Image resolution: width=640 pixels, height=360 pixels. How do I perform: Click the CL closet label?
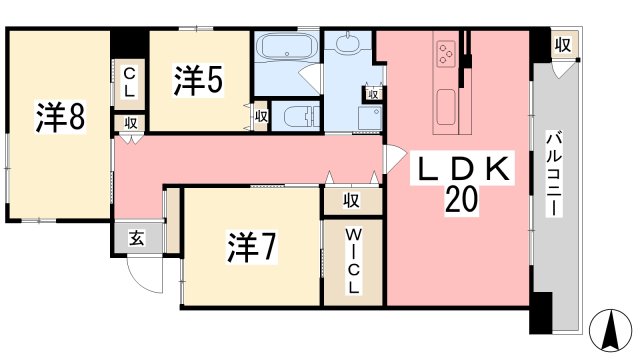[x=130, y=80]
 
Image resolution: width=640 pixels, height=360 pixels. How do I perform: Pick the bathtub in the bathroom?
[x=286, y=47]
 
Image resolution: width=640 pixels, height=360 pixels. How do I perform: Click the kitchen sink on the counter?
[x=446, y=103]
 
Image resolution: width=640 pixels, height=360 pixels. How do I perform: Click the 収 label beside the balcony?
[x=563, y=46]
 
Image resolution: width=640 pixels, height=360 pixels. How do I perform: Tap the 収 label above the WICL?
[x=352, y=200]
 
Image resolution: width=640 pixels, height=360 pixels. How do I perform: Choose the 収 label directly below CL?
[x=131, y=122]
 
